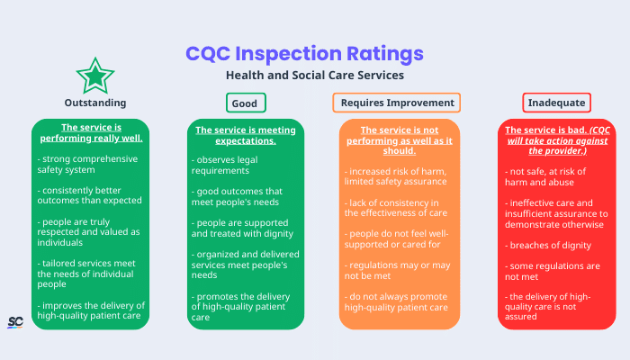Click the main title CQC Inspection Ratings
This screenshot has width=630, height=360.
[303, 53]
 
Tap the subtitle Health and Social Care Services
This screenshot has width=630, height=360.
[314, 76]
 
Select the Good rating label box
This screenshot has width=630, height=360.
[245, 103]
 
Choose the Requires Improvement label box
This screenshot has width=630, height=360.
[397, 103]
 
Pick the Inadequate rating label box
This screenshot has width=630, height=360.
[556, 103]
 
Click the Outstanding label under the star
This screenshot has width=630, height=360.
[94, 103]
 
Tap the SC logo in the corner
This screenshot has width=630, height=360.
[15, 322]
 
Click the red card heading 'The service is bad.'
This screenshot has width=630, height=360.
[556, 140]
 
